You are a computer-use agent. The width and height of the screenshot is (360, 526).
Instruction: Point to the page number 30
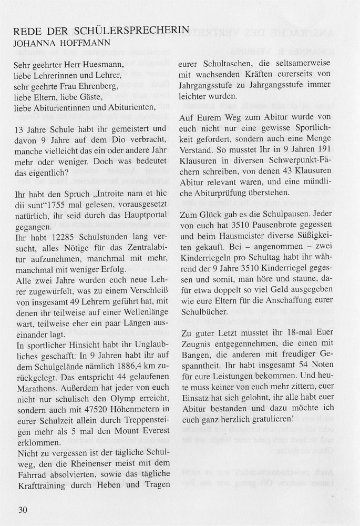click(22, 509)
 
